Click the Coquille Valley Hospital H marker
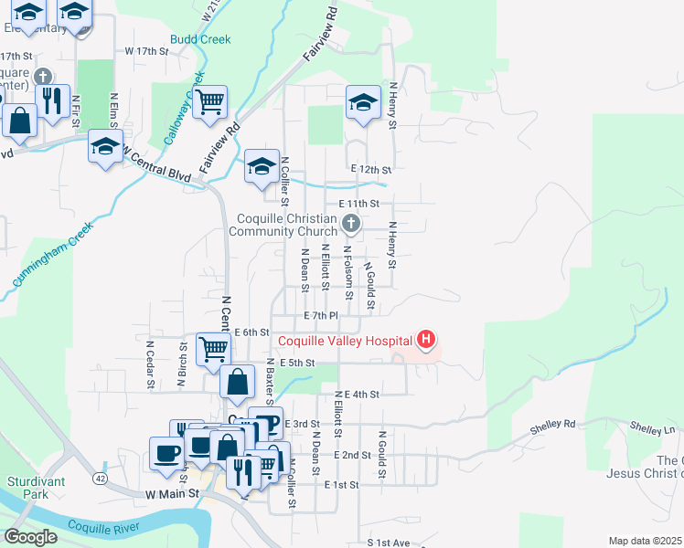(425, 341)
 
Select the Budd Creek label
(200, 39)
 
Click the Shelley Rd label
(556, 425)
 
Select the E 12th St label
(371, 170)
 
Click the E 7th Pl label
(321, 315)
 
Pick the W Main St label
(172, 493)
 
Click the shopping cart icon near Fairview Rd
(209, 103)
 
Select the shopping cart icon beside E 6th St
(213, 347)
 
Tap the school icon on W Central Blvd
(105, 146)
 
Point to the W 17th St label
(147, 51)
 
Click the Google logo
(30, 537)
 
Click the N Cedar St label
(149, 365)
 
